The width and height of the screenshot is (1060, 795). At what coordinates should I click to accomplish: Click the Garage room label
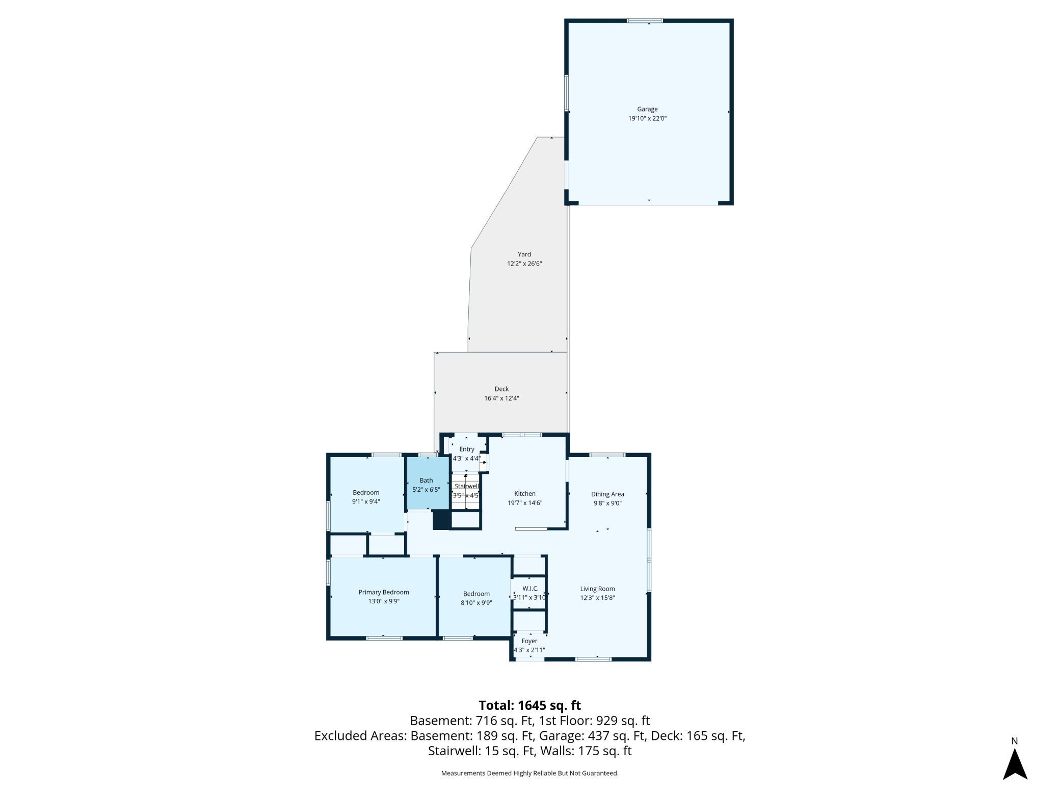647,109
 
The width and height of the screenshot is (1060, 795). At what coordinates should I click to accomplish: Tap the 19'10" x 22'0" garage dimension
647,118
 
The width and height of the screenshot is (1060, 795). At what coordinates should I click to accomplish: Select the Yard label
524,254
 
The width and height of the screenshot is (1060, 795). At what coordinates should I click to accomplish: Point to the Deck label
501,389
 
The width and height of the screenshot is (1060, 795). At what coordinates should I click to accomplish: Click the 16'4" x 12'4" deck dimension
501,398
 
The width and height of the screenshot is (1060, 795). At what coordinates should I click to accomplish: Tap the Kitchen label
525,493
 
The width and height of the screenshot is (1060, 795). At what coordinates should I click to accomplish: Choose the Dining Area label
607,494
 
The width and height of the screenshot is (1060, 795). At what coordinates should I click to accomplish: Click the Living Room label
597,589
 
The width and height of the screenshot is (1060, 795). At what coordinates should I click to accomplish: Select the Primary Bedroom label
384,592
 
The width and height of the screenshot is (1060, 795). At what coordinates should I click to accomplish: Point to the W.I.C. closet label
530,589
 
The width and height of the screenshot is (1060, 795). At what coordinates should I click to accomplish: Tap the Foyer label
529,641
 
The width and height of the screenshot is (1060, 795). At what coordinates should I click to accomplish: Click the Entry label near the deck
467,449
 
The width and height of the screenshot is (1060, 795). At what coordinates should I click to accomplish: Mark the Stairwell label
467,486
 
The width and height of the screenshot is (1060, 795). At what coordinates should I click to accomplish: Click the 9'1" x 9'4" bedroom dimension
366,501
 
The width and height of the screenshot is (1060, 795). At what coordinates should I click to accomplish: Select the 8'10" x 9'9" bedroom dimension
476,602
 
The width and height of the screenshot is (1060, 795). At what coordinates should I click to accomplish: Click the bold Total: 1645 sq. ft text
530,705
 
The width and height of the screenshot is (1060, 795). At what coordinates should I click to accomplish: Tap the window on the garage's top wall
645,21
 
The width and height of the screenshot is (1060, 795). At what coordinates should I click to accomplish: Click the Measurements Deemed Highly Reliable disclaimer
530,773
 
